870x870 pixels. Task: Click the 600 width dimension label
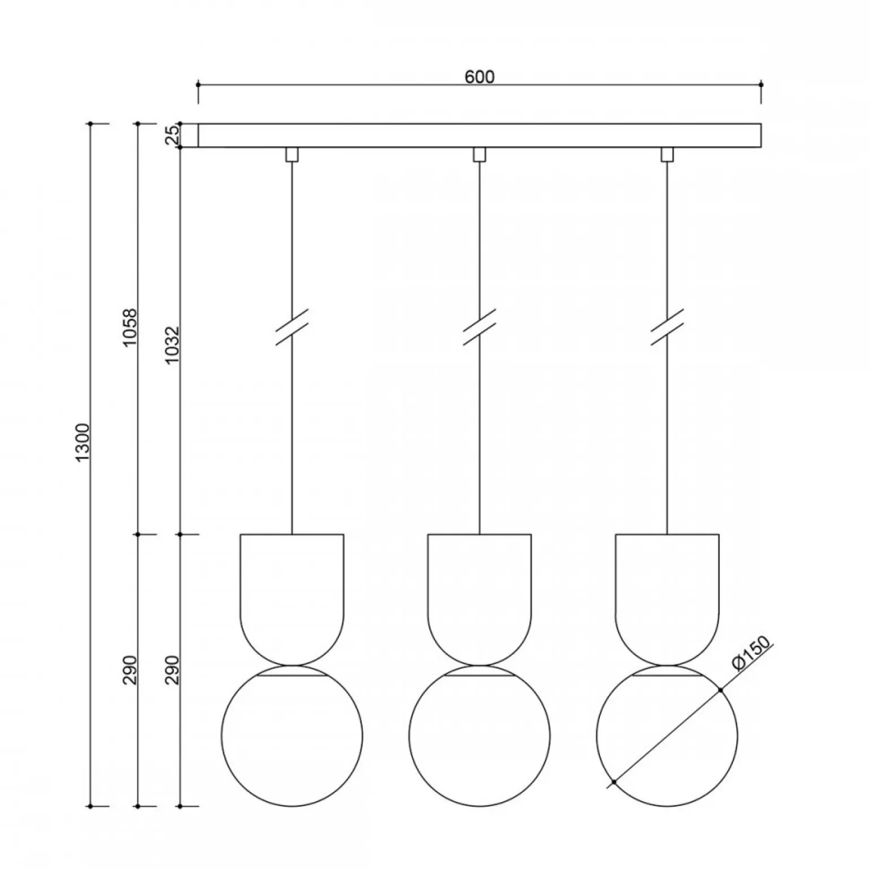480,77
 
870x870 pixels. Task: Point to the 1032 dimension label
172,344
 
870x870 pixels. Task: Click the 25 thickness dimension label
172,136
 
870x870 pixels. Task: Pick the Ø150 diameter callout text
750,654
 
